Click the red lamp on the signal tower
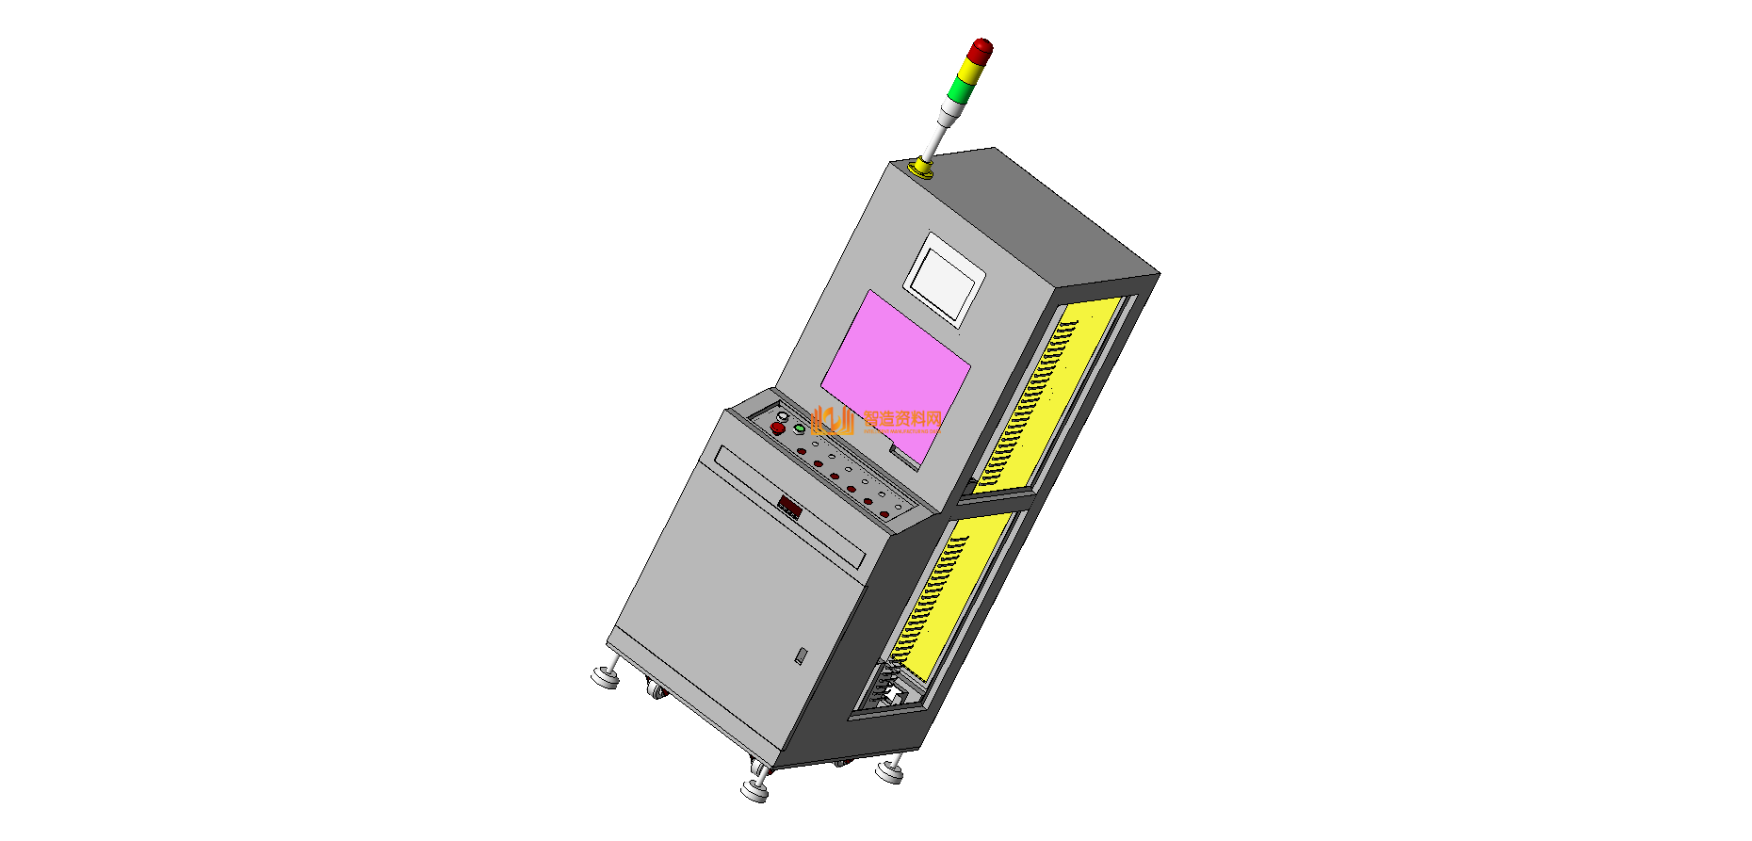click(981, 51)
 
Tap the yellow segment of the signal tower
click(970, 73)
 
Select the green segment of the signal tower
click(960, 90)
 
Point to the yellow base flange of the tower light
click(921, 169)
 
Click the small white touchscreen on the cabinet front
click(944, 279)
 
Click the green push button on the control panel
click(799, 429)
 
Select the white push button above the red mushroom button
click(782, 417)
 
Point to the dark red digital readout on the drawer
click(789, 509)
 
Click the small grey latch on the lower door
click(801, 655)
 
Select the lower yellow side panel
click(951, 593)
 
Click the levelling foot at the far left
click(605, 675)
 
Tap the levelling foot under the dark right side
click(889, 771)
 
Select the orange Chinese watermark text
click(902, 420)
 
